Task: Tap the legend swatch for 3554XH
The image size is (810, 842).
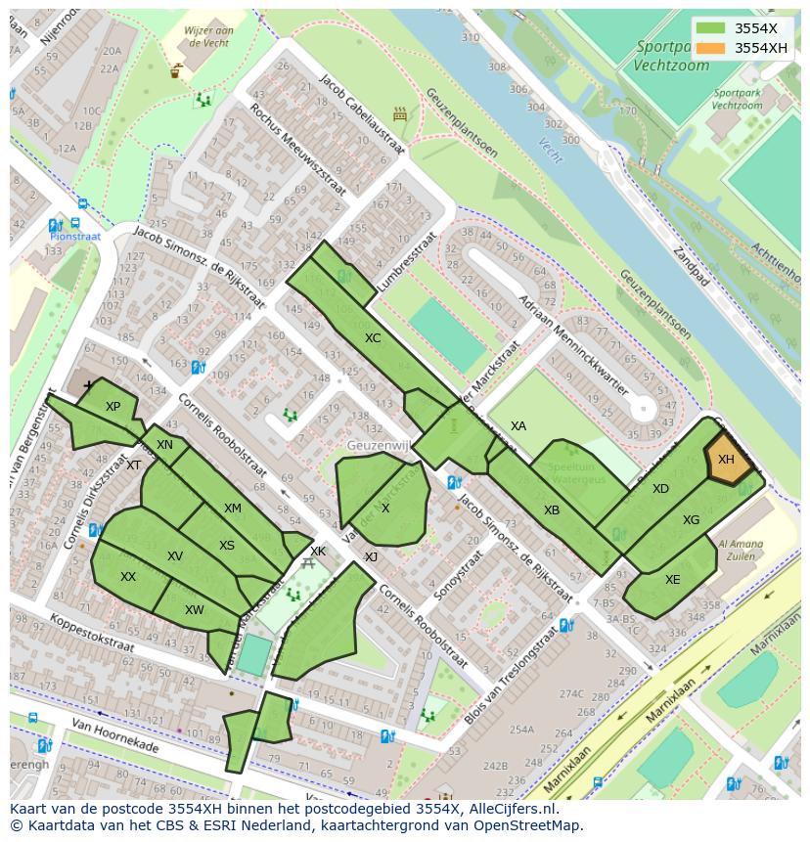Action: point(711,48)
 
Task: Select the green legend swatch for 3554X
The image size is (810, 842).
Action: point(711,28)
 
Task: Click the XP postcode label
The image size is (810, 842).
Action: point(112,407)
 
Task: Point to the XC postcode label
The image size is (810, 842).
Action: point(373,338)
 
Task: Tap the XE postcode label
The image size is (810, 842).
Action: point(672,580)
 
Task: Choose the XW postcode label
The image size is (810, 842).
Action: point(195,610)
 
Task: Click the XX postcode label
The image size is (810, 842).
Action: point(128,577)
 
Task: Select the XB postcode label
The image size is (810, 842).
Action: point(552,510)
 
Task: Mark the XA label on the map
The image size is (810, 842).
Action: point(518,426)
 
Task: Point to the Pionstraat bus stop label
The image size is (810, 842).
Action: point(75,237)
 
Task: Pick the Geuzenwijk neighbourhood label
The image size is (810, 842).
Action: point(376,446)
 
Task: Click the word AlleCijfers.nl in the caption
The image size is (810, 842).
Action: point(513,809)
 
